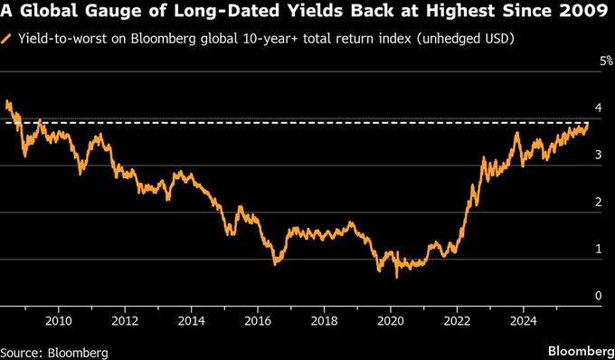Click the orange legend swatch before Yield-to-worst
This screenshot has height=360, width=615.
pyautogui.click(x=8, y=41)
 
